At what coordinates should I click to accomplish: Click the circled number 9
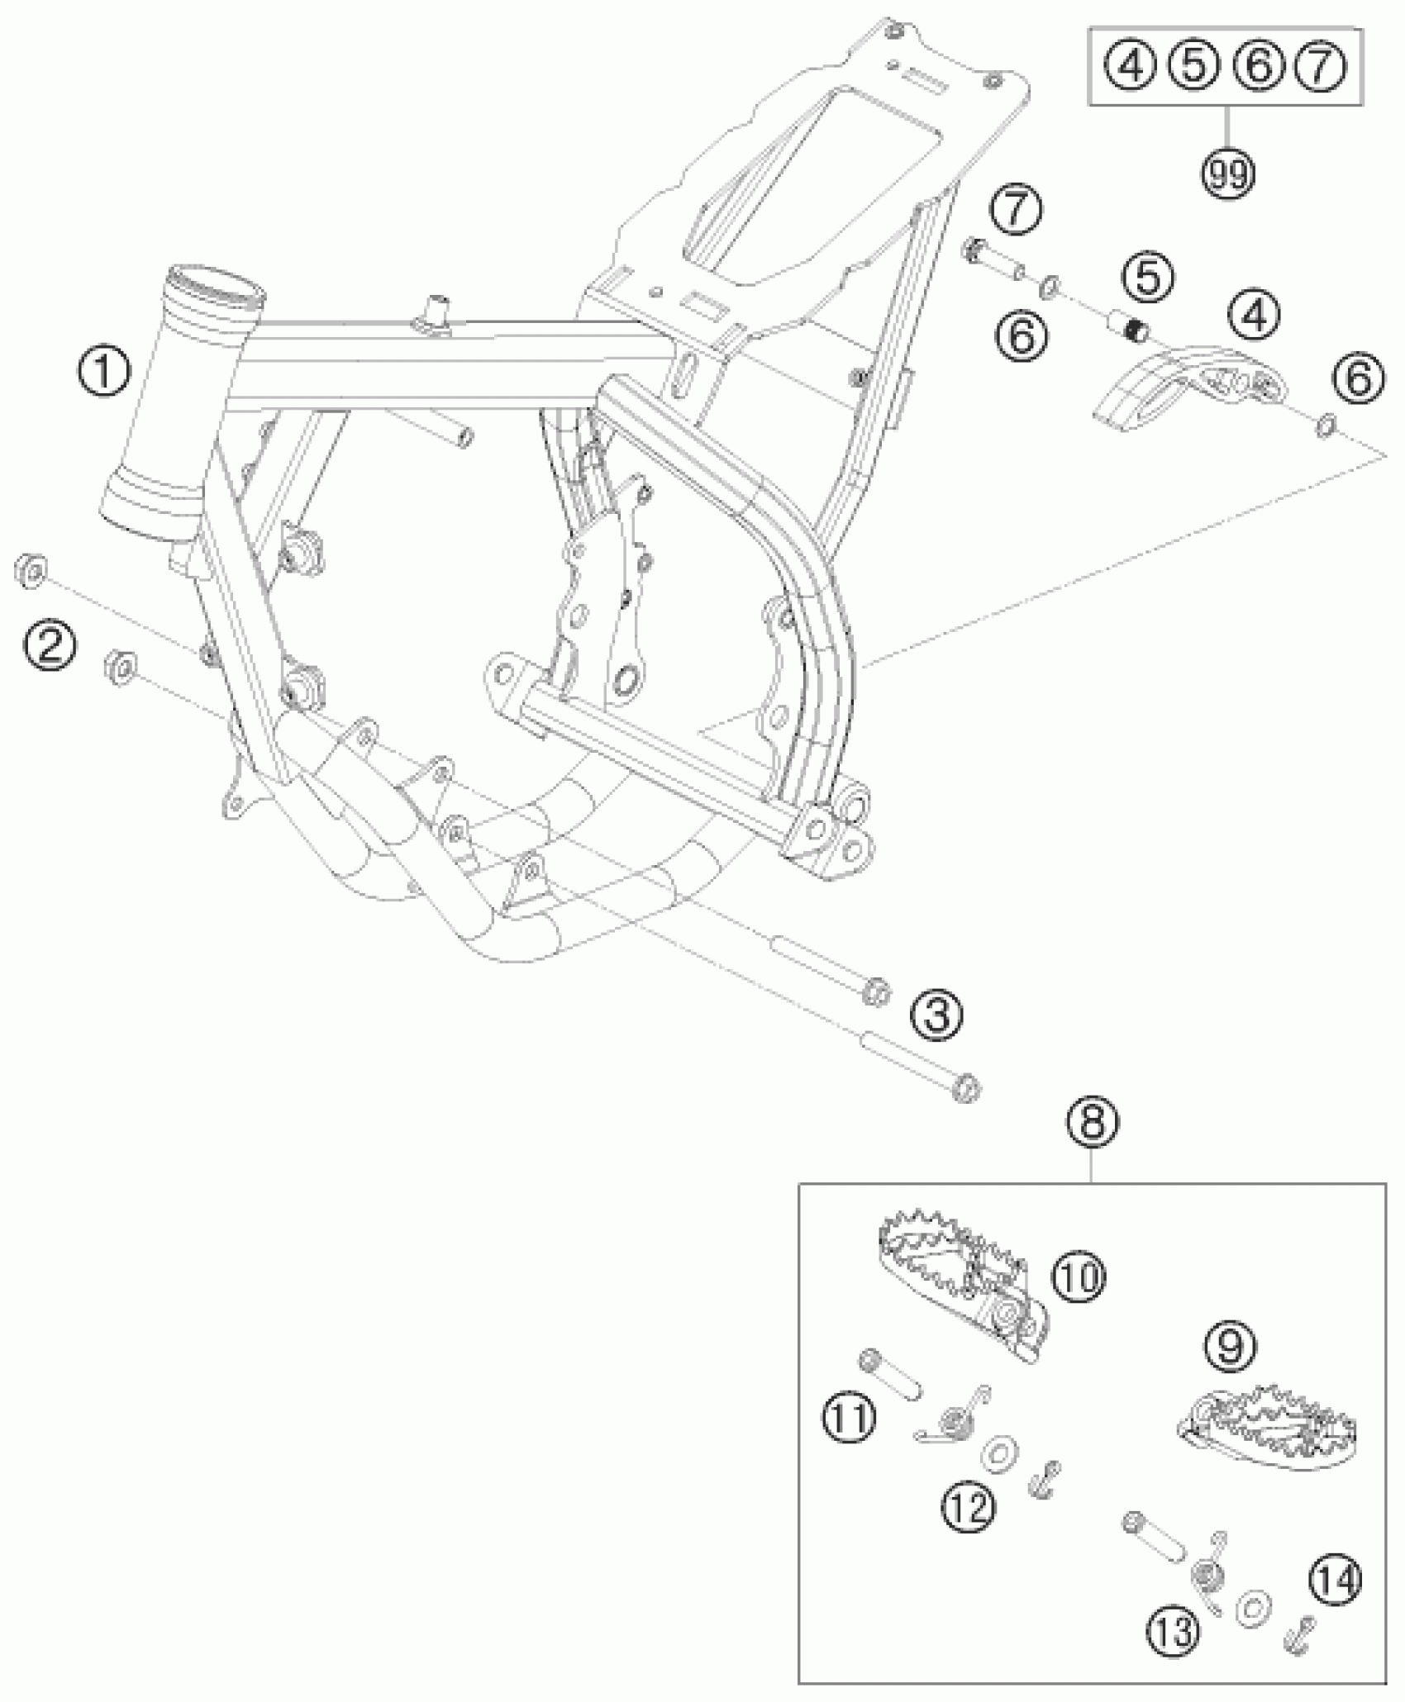pyautogui.click(x=1230, y=1346)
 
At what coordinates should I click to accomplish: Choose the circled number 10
pyautogui.click(x=1079, y=1276)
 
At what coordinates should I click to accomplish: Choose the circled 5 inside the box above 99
pyautogui.click(x=1193, y=65)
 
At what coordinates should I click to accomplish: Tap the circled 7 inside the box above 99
pyautogui.click(x=1321, y=65)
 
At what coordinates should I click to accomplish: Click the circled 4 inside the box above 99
pyautogui.click(x=1131, y=65)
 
